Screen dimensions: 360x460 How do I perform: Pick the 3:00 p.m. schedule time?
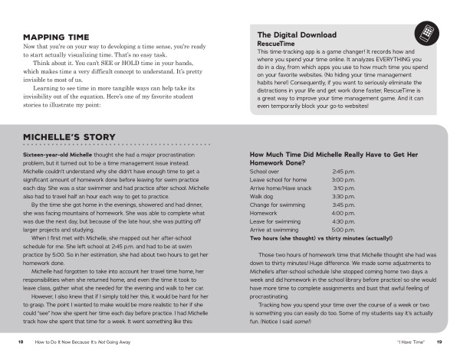tap(343, 179)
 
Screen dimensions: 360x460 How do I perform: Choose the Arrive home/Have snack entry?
tap(281, 188)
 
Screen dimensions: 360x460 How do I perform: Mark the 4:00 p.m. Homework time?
tap(343, 213)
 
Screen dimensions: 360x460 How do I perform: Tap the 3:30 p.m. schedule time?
tap(343, 196)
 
